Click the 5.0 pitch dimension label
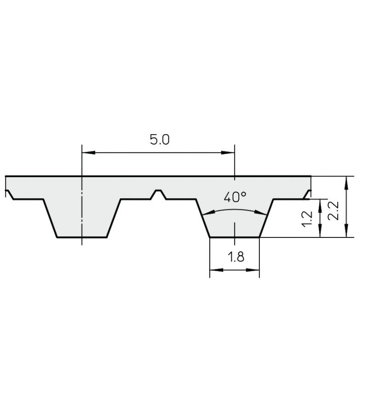160,139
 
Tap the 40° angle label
235,197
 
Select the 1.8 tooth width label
236,257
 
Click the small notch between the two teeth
158,193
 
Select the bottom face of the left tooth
82,237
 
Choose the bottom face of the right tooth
235,237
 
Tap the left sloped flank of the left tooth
50,218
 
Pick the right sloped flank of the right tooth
266,218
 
